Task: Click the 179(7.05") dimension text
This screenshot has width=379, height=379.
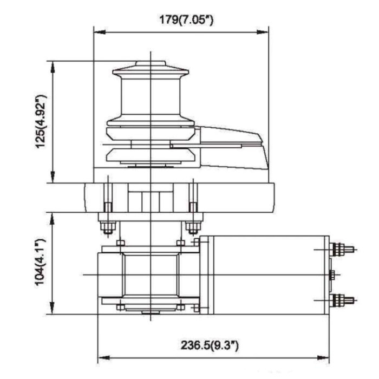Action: coord(182,20)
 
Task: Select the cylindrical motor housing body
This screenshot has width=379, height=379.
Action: coord(264,275)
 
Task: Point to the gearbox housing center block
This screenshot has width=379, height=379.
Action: coord(150,275)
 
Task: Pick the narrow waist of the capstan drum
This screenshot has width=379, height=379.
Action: coord(150,97)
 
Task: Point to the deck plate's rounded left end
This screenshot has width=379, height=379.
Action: coord(87,197)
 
